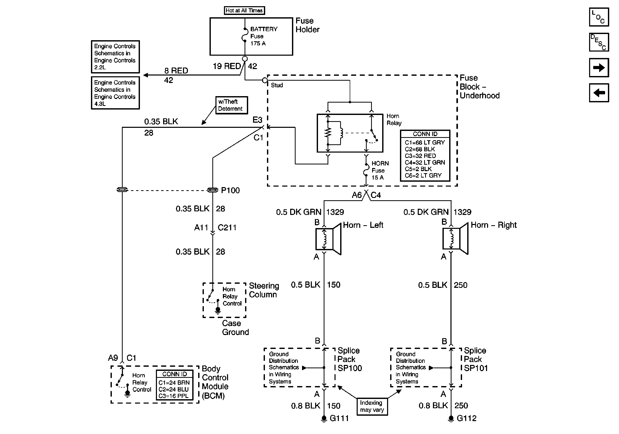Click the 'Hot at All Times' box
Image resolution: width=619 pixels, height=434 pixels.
244,11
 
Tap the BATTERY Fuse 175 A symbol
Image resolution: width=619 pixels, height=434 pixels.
245,35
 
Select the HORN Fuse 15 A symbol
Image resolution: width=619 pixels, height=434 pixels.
366,170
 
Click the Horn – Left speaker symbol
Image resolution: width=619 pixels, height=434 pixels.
328,239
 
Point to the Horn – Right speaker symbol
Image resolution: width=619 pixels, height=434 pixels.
455,239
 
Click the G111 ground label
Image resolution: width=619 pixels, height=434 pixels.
339,418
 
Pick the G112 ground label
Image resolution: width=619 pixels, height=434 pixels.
466,418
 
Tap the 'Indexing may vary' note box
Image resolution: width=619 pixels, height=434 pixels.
372,406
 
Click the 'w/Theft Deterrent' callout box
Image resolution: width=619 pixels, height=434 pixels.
231,105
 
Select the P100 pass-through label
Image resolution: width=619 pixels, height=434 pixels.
230,190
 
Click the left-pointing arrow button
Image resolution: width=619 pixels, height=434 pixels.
599,93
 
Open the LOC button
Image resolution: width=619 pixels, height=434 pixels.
599,17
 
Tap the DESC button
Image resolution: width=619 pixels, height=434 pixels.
599,42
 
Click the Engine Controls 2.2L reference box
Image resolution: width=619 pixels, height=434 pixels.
115,57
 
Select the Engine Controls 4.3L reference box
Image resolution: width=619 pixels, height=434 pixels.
115,93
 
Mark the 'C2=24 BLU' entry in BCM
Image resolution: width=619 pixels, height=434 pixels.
173,389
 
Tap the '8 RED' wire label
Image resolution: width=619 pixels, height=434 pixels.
176,71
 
